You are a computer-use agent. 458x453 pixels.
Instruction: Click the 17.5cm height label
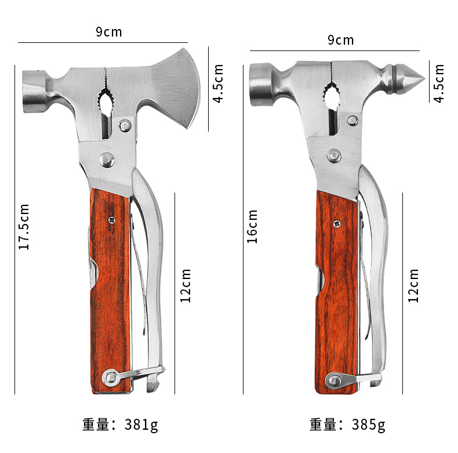pos(24,227)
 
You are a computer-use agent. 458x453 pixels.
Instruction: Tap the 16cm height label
pos(252,226)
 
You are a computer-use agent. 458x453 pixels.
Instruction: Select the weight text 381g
pos(141,425)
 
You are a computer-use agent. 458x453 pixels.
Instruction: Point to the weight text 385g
pos(368,425)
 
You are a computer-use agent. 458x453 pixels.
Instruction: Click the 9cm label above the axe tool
pos(108,32)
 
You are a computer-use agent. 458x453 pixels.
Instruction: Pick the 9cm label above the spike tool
pos(340,40)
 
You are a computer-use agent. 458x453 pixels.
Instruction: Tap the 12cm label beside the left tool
pos(185,285)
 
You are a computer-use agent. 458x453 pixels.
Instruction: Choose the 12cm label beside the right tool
pos(413,285)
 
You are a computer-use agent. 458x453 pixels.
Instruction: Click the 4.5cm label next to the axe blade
pos(218,84)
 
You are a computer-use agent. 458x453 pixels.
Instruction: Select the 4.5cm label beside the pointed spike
pos(438,84)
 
